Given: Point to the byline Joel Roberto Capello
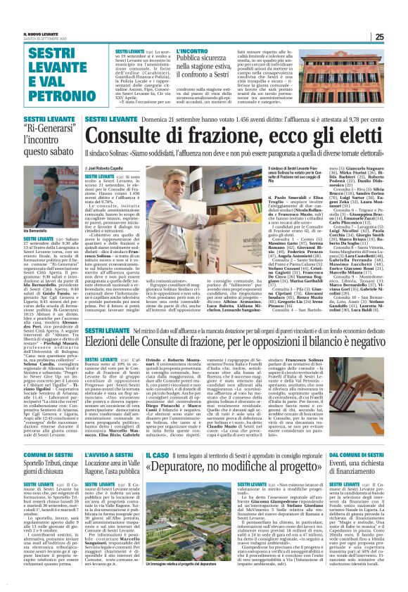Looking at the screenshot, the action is (112, 169).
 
